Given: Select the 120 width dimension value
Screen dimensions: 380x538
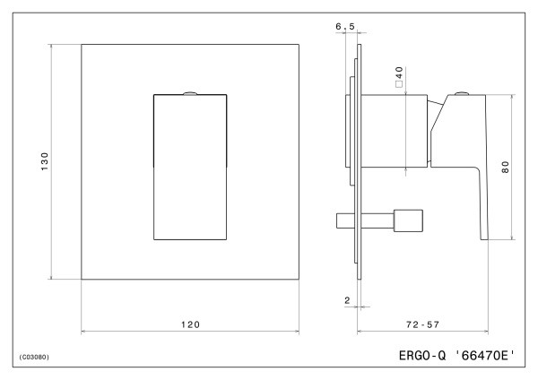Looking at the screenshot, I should coord(189,324).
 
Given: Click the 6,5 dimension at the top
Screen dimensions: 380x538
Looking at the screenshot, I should coord(344,28).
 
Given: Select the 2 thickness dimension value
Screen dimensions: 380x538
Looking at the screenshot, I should coord(346,300).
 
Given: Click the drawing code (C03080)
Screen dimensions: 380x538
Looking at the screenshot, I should coord(34,357).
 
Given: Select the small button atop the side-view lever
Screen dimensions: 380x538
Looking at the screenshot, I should coord(461,93).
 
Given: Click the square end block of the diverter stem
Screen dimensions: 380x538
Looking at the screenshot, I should coord(409,220).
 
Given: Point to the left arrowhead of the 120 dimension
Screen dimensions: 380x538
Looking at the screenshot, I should coord(84,332).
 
